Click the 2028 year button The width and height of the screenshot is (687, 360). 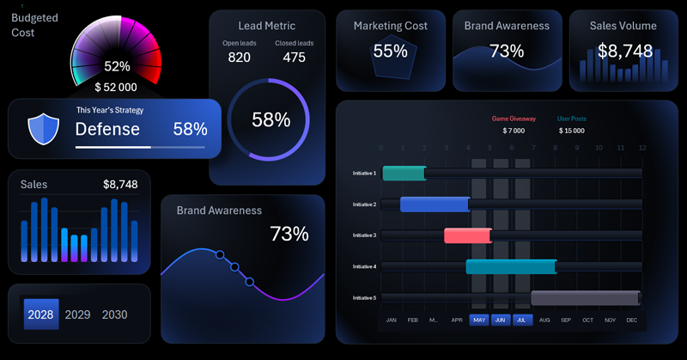point(40,314)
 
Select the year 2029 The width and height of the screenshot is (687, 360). point(77,314)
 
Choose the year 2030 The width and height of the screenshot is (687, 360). point(114,314)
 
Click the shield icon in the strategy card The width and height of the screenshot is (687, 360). point(42,130)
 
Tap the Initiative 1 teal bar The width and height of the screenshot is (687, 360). point(404,174)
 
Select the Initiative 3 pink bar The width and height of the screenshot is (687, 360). point(468,235)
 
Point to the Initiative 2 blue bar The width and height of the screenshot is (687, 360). point(435,204)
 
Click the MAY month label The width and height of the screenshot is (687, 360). point(479,320)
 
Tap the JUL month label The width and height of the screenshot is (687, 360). point(522,320)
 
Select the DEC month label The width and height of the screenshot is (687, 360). point(632,320)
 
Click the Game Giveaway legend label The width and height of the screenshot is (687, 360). point(514,119)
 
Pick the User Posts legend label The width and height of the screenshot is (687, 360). point(572,119)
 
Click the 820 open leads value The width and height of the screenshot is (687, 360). point(240,58)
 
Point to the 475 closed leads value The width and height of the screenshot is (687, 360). point(294,58)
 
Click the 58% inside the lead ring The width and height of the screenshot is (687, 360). point(271,120)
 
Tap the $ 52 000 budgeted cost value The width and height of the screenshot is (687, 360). point(116,87)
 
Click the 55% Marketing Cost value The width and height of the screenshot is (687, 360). point(390,52)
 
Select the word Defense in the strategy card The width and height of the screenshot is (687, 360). point(107,130)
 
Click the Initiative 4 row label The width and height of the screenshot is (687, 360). point(364,266)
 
